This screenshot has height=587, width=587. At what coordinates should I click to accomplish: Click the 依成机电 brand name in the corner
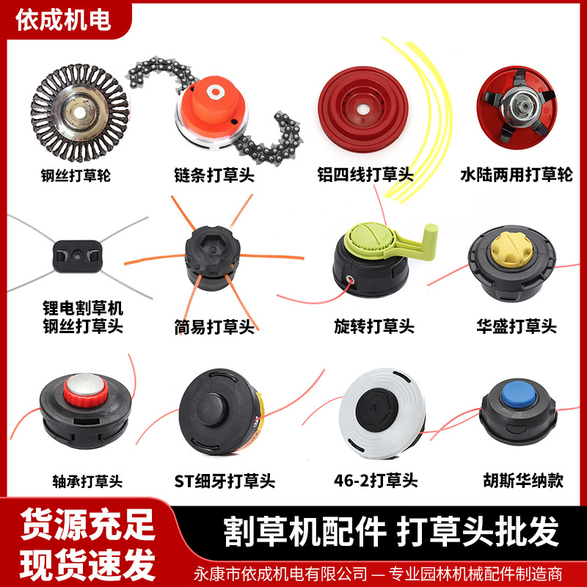[63, 20]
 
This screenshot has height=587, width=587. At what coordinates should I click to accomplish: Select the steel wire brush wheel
[79, 112]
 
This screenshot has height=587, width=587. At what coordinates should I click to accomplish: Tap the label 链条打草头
[214, 175]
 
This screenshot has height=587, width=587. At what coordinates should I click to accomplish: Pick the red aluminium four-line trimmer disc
[362, 109]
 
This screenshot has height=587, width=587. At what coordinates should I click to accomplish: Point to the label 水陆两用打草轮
[517, 175]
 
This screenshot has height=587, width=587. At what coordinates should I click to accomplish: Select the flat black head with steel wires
[78, 256]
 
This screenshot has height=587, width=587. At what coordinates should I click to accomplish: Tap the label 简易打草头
[214, 327]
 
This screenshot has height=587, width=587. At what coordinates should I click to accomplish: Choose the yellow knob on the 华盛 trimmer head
[511, 249]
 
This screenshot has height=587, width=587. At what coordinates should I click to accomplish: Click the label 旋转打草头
[374, 327]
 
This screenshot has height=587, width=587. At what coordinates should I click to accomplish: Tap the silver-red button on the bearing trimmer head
[86, 390]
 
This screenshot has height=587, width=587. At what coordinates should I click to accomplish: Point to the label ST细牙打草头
[225, 481]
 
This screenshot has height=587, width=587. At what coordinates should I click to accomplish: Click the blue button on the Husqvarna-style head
[519, 393]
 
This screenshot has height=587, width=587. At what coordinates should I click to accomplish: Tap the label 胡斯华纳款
[523, 481]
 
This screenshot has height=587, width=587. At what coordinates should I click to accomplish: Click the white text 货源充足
[87, 525]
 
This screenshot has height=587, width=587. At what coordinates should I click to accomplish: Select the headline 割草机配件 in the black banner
[305, 531]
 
